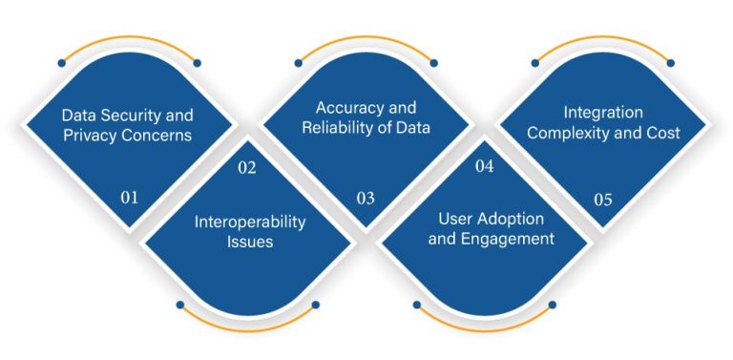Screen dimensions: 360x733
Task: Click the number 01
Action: pyautogui.click(x=130, y=198)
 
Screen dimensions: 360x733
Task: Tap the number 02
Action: pyautogui.click(x=247, y=167)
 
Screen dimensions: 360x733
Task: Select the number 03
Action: pyautogui.click(x=366, y=198)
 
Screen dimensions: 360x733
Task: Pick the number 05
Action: pyautogui.click(x=602, y=199)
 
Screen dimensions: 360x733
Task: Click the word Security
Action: pyautogui.click(x=130, y=115)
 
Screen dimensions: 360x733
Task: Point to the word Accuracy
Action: pyautogui.click(x=346, y=108)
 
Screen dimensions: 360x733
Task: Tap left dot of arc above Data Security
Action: pyautogui.click(x=61, y=63)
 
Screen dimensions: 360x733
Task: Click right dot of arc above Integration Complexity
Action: pyautogui.click(x=670, y=63)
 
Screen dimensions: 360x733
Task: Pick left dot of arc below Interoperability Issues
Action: pyautogui.click(x=179, y=306)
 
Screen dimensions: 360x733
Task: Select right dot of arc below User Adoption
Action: pyautogui.click(x=553, y=306)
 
